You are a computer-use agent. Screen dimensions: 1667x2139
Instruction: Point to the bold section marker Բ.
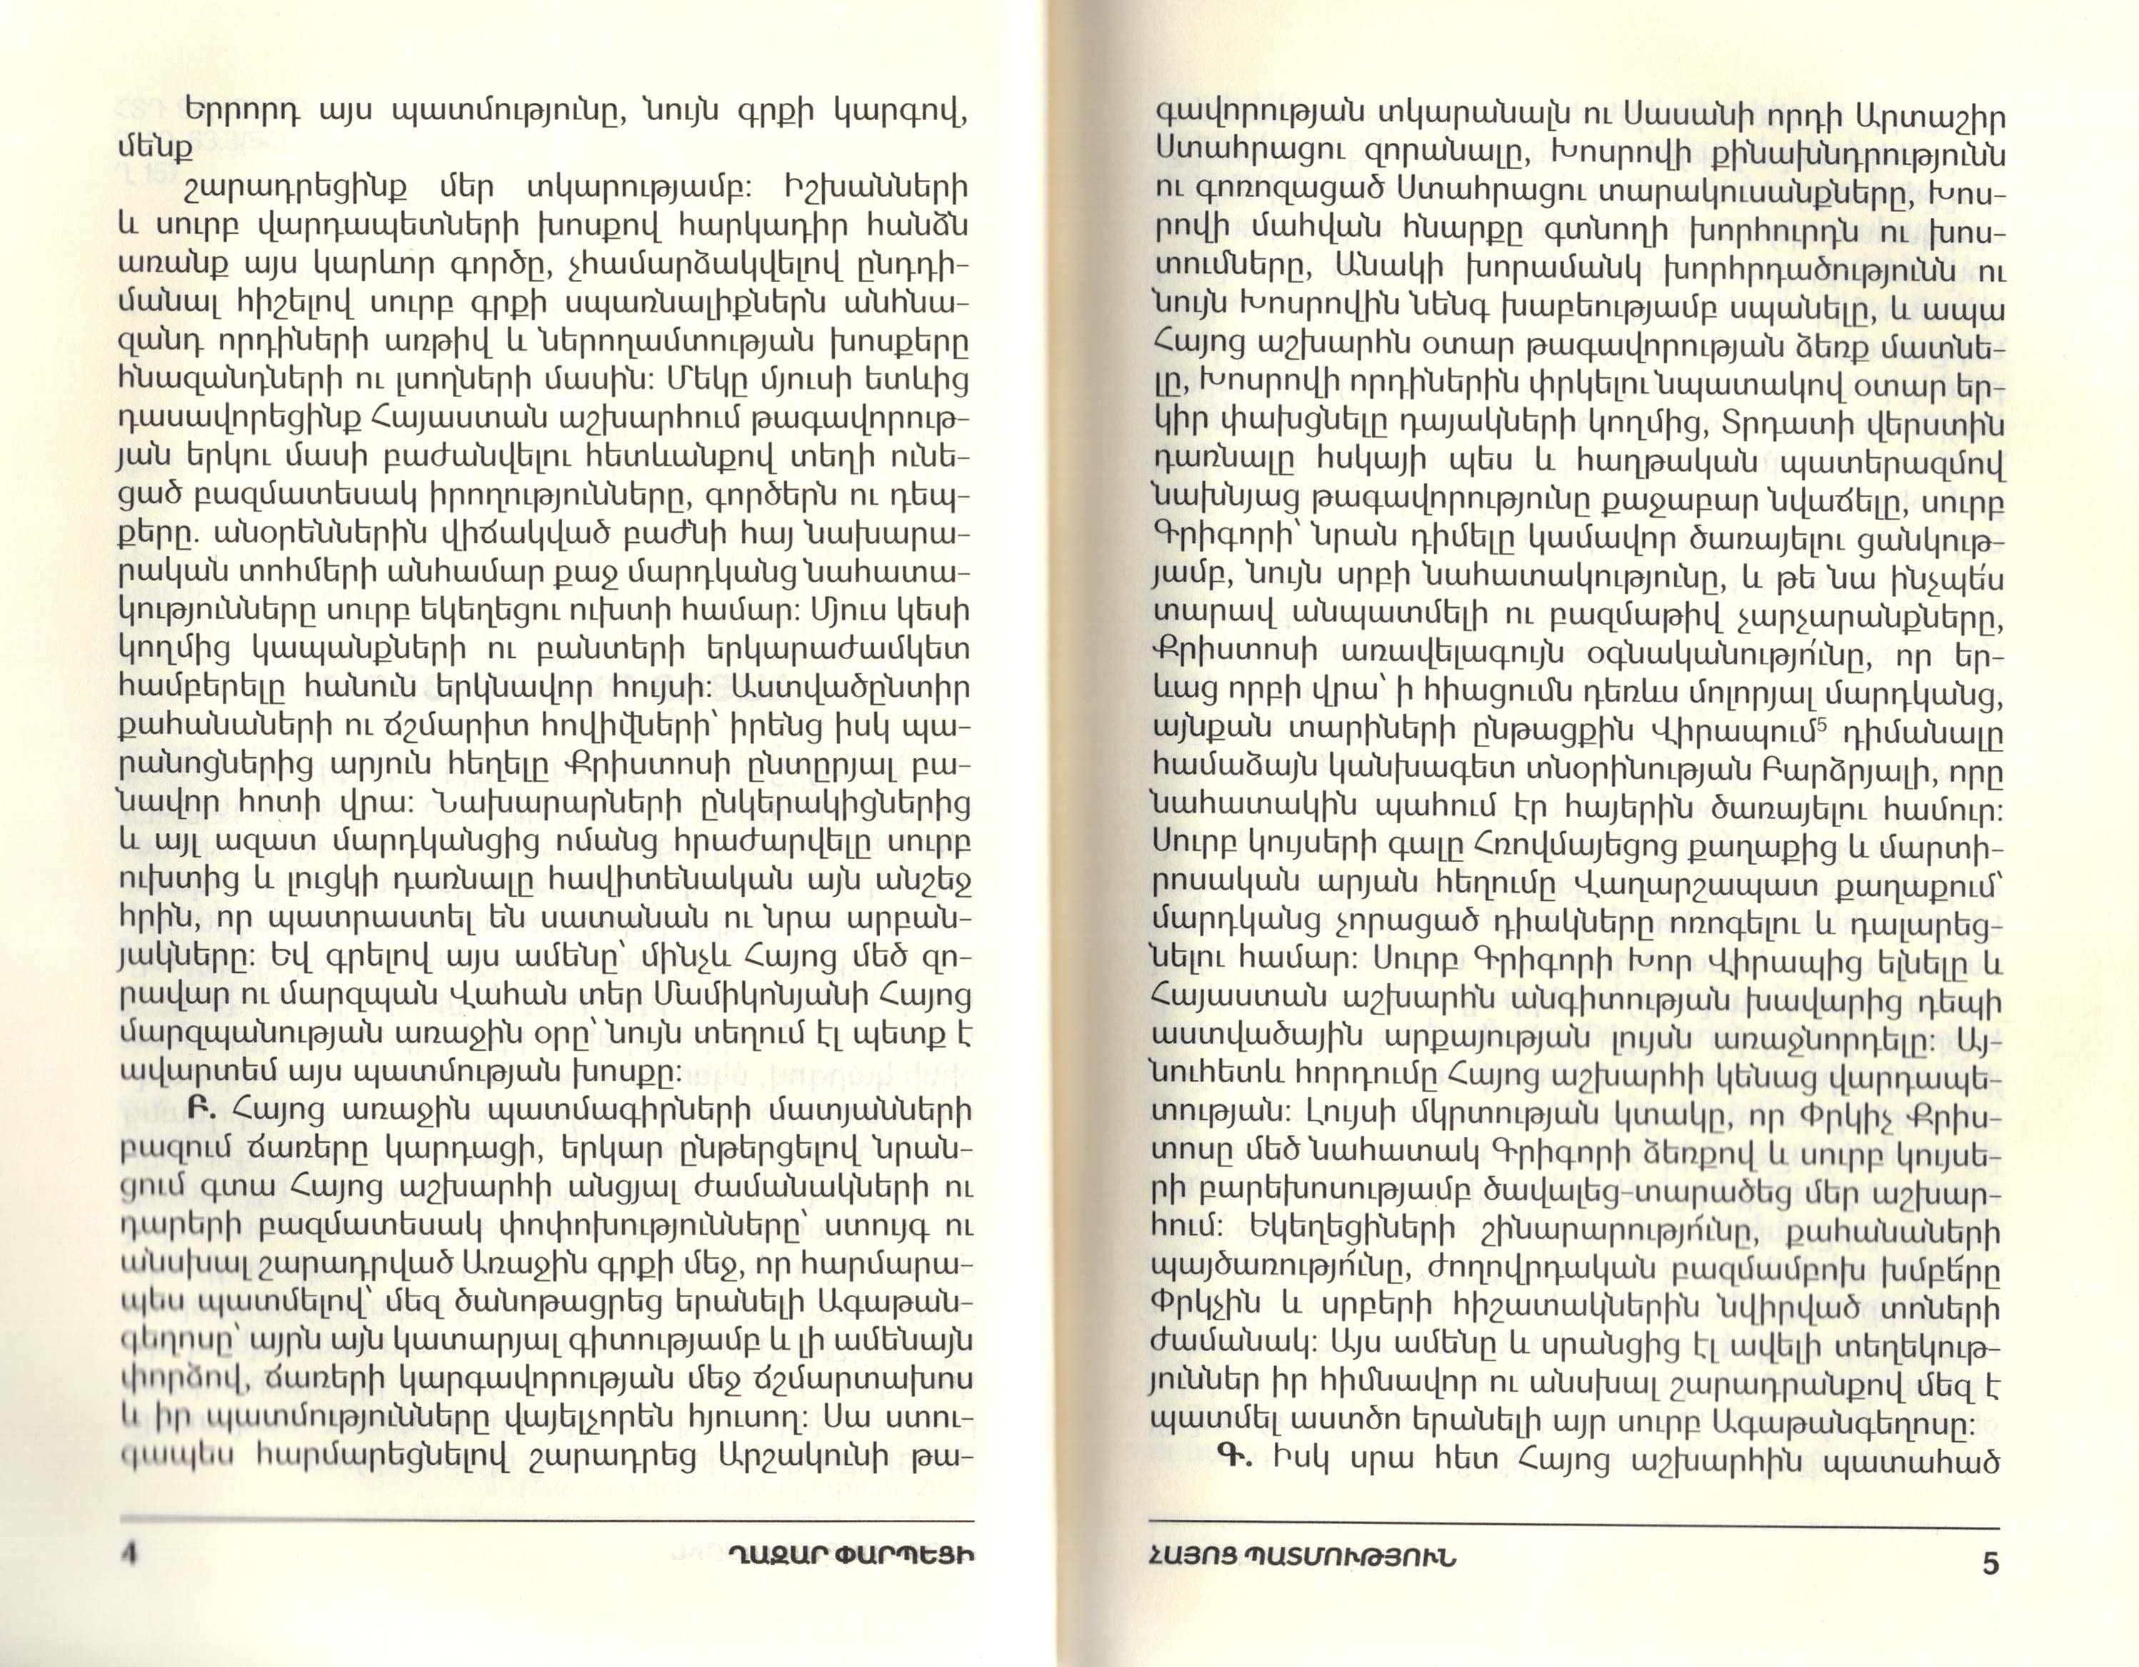coord(197,1111)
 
